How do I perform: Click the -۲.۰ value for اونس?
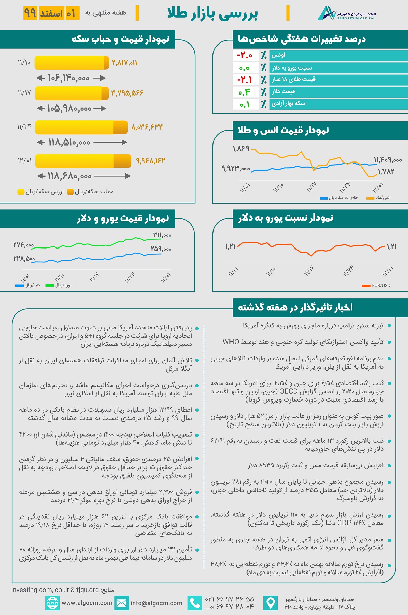(244, 55)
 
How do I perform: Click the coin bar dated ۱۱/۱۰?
(72, 63)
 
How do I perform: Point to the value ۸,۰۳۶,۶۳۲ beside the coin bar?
(147, 127)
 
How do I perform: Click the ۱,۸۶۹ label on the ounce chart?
(241, 149)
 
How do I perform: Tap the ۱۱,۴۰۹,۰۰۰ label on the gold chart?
(388, 160)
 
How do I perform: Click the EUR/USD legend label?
(381, 286)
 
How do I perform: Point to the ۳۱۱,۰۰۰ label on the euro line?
(162, 235)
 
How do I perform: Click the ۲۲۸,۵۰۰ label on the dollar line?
(24, 259)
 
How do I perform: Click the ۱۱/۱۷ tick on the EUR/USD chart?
(309, 271)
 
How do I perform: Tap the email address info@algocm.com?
(156, 603)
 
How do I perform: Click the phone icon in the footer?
(195, 603)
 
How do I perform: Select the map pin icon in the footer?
(271, 603)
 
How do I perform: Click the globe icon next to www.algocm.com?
(52, 603)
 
